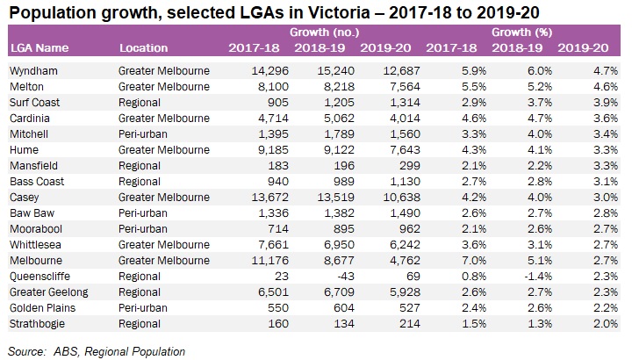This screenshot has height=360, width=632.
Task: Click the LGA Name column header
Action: pos(35,47)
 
